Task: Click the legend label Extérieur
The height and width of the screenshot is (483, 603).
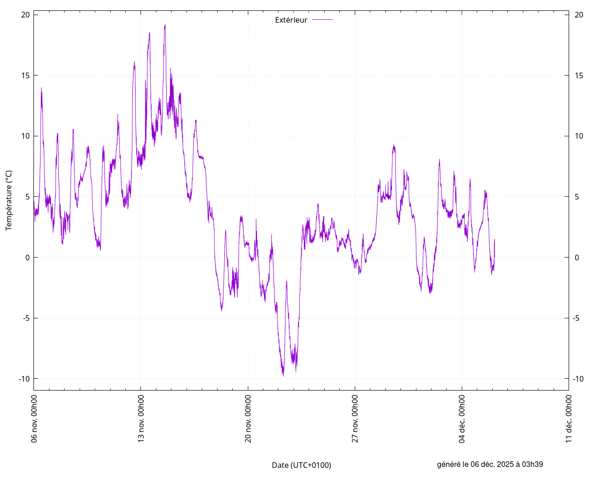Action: pyautogui.click(x=291, y=20)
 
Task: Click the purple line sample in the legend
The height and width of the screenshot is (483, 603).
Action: pyautogui.click(x=322, y=20)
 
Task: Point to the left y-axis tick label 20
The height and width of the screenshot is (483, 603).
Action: pyautogui.click(x=25, y=15)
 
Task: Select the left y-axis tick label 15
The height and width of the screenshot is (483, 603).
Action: pyautogui.click(x=25, y=75)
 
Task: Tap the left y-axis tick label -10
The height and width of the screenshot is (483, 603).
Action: pyautogui.click(x=24, y=379)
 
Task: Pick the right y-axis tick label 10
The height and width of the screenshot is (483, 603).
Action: pyautogui.click(x=579, y=136)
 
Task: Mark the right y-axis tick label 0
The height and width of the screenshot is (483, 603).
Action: pyautogui.click(x=577, y=258)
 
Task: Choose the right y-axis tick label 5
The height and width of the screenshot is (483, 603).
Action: pyautogui.click(x=577, y=197)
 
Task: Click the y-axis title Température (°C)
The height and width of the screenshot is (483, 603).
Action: pyautogui.click(x=9, y=200)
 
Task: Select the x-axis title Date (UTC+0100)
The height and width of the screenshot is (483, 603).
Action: pyautogui.click(x=301, y=465)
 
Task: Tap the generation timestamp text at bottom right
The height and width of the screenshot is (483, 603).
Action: pyautogui.click(x=490, y=464)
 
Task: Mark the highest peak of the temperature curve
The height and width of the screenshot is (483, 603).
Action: pyautogui.click(x=165, y=25)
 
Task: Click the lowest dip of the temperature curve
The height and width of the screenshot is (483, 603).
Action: pyautogui.click(x=283, y=375)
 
